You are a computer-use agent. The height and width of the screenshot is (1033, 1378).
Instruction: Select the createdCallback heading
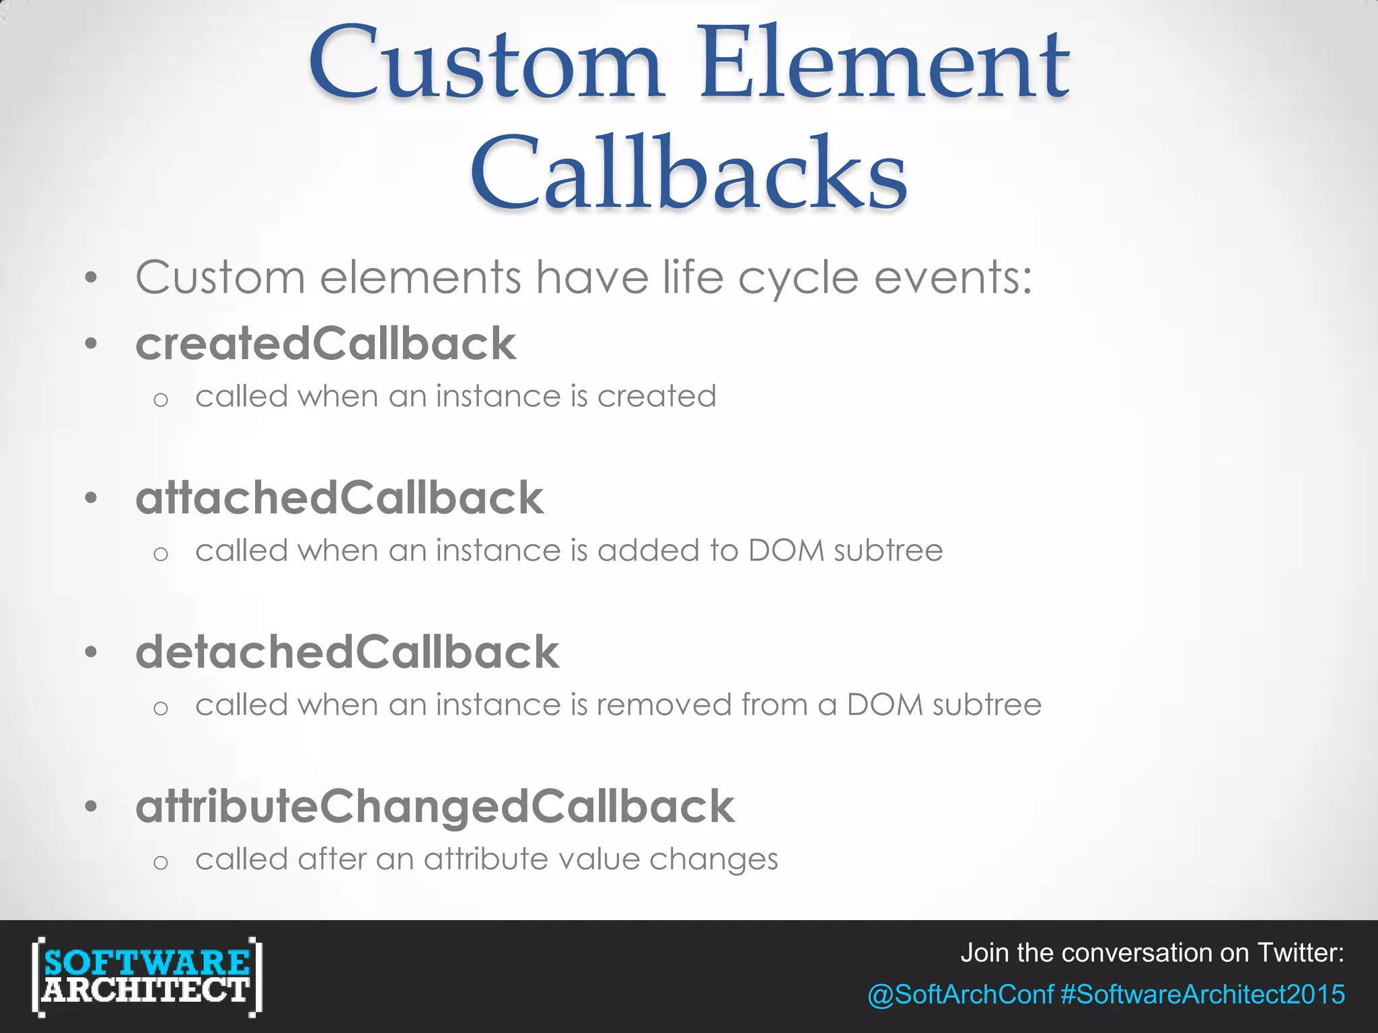tap(326, 344)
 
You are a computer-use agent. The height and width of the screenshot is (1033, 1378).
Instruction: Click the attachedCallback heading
tap(339, 498)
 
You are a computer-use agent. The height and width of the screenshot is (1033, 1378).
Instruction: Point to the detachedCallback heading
tap(347, 652)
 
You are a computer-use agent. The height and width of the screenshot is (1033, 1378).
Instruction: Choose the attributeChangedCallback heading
tap(435, 806)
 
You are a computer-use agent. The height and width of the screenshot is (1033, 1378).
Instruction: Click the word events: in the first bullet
tap(953, 277)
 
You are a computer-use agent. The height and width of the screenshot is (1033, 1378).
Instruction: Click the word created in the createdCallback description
tap(657, 396)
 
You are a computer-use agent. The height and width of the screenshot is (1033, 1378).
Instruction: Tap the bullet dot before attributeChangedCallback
tap(92, 806)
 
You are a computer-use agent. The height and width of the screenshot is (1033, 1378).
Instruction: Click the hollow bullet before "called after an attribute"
tap(160, 862)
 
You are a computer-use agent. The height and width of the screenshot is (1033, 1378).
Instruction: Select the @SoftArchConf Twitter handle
tap(960, 994)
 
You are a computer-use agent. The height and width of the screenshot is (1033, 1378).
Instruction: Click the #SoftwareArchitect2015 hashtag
tap(1203, 994)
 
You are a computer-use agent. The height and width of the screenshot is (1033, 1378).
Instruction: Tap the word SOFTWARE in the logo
tap(147, 962)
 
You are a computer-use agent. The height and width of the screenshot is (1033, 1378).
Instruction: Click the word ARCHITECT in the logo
tap(147, 989)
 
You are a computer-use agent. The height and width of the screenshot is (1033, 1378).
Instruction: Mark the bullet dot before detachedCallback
tap(92, 652)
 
